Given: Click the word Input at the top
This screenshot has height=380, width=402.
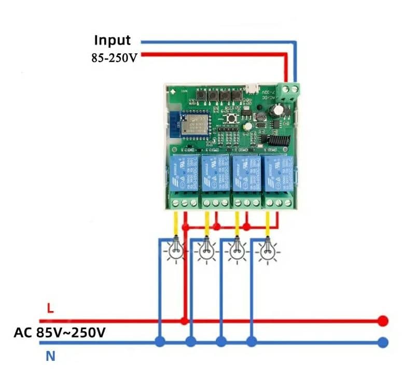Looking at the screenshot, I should click(x=112, y=40).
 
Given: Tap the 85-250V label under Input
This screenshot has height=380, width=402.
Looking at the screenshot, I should click(x=114, y=57).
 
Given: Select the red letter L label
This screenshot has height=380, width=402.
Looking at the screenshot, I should click(x=50, y=309).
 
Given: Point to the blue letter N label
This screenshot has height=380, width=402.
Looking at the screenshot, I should click(x=50, y=356).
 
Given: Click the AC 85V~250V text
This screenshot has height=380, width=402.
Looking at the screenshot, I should click(x=59, y=332).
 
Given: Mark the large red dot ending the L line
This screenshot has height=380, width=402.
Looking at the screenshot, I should click(x=383, y=321).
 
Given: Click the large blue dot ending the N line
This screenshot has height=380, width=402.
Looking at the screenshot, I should click(x=383, y=342).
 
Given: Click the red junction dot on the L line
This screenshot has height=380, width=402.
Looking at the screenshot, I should click(x=184, y=321).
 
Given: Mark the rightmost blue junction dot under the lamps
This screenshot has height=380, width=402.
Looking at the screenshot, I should click(x=252, y=342).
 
